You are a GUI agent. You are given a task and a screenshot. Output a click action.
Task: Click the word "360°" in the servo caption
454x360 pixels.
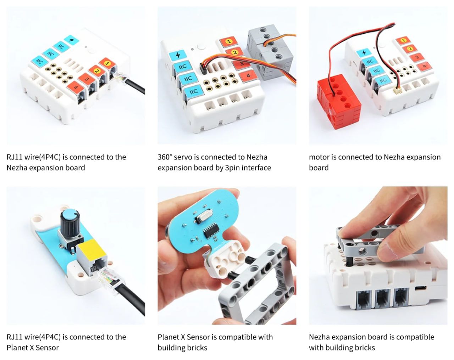pyautogui.click(x=167, y=157)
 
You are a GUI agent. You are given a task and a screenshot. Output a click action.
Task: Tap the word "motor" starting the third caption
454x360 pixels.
pyautogui.click(x=319, y=157)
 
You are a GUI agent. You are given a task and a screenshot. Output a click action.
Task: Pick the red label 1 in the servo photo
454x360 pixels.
pyautogui.click(x=228, y=42)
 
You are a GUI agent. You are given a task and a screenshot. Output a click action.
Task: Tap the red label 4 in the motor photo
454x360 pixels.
pyautogui.click(x=424, y=66)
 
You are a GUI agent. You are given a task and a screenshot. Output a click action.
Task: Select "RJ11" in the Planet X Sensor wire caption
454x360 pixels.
pyautogui.click(x=15, y=337)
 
